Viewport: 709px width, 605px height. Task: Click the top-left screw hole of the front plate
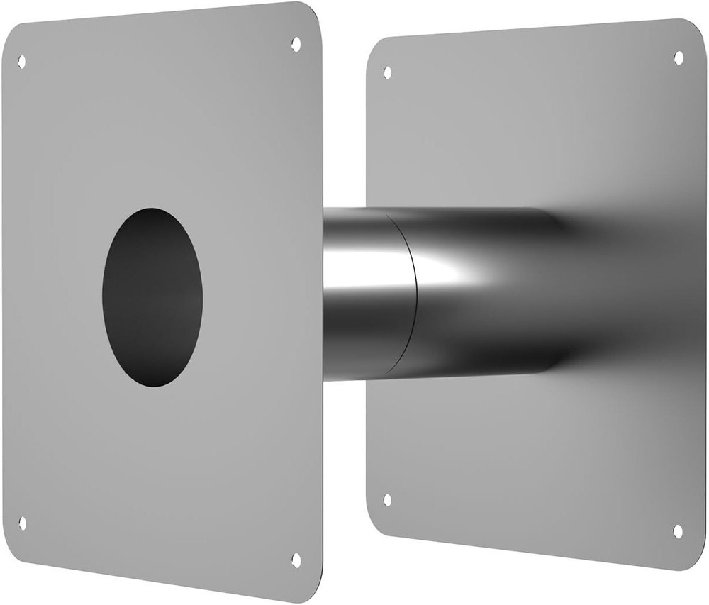click(x=21, y=62)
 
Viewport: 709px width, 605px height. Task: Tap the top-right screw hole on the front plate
click(x=296, y=44)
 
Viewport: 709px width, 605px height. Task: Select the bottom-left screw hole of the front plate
click(x=22, y=523)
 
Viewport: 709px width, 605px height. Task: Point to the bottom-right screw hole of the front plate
click(x=296, y=560)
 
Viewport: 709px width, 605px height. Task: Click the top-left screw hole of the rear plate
click(x=387, y=72)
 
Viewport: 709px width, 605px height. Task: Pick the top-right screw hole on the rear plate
click(x=679, y=57)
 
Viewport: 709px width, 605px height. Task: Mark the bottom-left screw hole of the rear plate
click(x=387, y=499)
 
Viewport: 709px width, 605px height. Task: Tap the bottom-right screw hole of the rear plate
click(x=677, y=531)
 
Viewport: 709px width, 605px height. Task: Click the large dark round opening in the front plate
click(x=152, y=297)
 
